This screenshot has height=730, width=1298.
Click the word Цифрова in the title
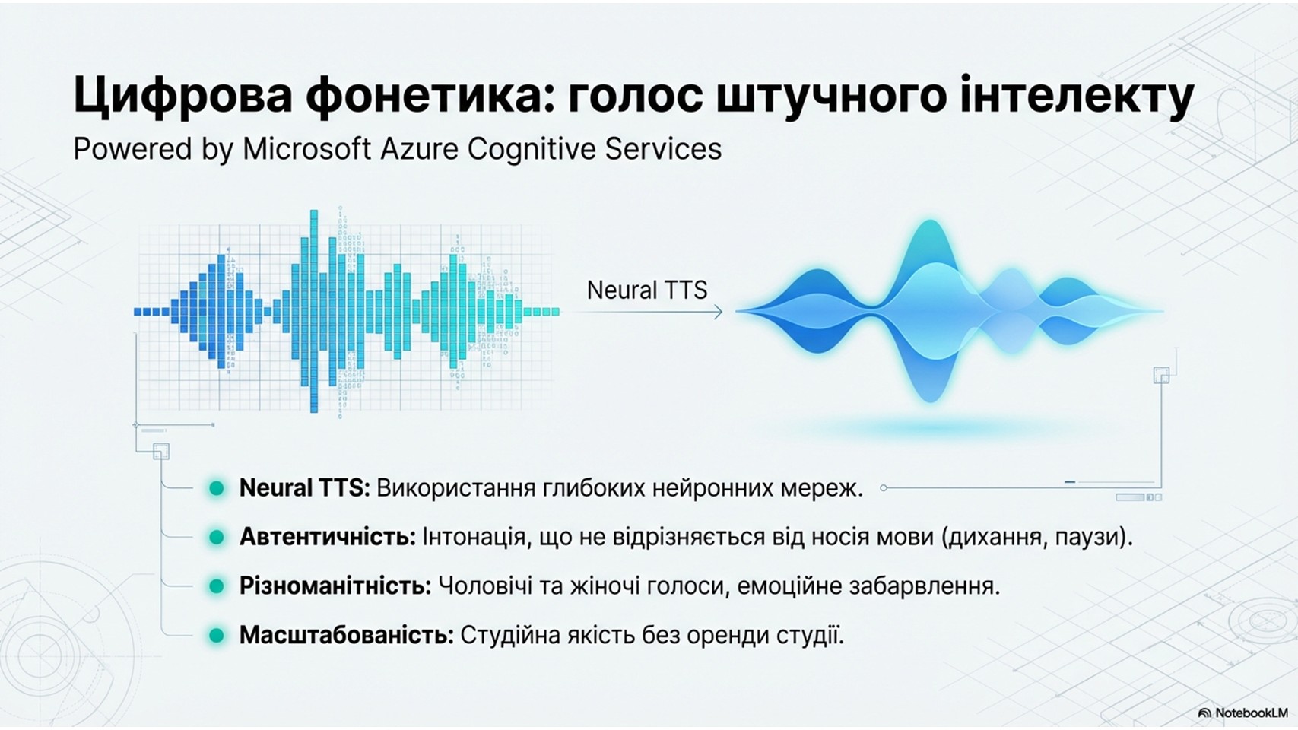coord(183,96)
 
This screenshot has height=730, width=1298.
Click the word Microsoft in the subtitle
coord(306,149)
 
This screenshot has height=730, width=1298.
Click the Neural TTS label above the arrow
coord(646,290)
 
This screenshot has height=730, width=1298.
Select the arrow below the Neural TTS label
coord(649,313)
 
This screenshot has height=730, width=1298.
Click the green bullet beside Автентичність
coord(216,538)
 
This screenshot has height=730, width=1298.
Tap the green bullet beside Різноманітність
coord(216,587)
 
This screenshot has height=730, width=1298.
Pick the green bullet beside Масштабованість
coord(216,636)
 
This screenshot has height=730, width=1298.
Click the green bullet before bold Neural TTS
coord(216,488)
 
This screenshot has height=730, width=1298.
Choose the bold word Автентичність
coord(328,538)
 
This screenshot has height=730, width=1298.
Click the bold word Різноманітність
coord(335,587)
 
